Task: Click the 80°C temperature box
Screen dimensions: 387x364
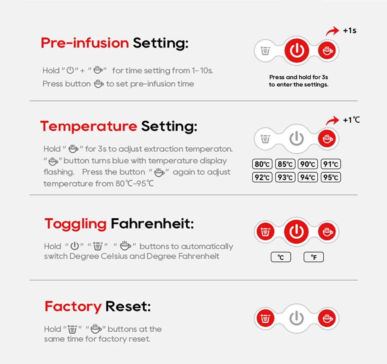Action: coord(262,164)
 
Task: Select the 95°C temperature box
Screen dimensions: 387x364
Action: coord(331,177)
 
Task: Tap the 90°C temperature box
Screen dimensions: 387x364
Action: coord(308,164)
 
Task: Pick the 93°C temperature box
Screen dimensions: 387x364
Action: coord(285,177)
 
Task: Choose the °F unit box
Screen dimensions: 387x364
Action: coord(314,257)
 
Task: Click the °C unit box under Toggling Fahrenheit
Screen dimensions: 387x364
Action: coord(281,257)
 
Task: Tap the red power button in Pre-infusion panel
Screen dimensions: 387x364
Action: coord(297,51)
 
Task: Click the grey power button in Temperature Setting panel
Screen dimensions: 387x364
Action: coord(296,139)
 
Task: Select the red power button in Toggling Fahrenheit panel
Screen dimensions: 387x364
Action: coord(296,231)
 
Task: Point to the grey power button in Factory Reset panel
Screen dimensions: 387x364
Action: coord(296,318)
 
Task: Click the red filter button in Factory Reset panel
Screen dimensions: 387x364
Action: coord(265,318)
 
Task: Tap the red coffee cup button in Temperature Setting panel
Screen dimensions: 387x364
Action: coord(327,138)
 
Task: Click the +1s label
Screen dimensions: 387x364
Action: coord(350,31)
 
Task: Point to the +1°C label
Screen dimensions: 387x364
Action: coord(351,120)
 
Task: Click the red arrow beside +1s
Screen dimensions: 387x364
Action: coord(332,31)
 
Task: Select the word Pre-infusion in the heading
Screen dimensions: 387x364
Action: coord(85,43)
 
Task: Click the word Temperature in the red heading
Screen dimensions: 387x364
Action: coord(89,126)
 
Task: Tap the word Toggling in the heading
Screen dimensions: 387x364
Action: coord(75,224)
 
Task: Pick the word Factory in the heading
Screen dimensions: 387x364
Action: coord(73,307)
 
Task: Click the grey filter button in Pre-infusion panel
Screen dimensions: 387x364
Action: coord(265,51)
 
